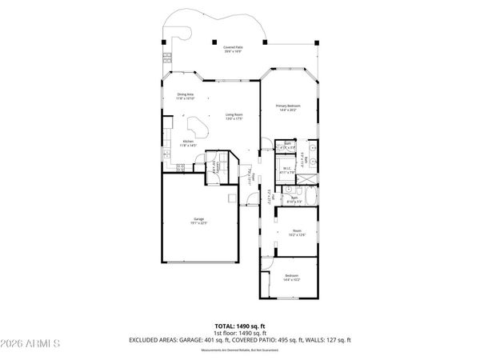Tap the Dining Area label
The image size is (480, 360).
click(x=186, y=97)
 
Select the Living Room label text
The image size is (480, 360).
click(x=234, y=117)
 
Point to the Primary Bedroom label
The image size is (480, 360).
click(x=288, y=108)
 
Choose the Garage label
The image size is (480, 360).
click(x=199, y=221)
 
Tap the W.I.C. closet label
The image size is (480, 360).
click(x=286, y=170)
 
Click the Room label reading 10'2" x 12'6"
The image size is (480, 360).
click(x=297, y=233)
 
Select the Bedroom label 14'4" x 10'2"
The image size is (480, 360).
click(x=291, y=278)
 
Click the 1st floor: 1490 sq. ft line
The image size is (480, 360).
click(x=240, y=334)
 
